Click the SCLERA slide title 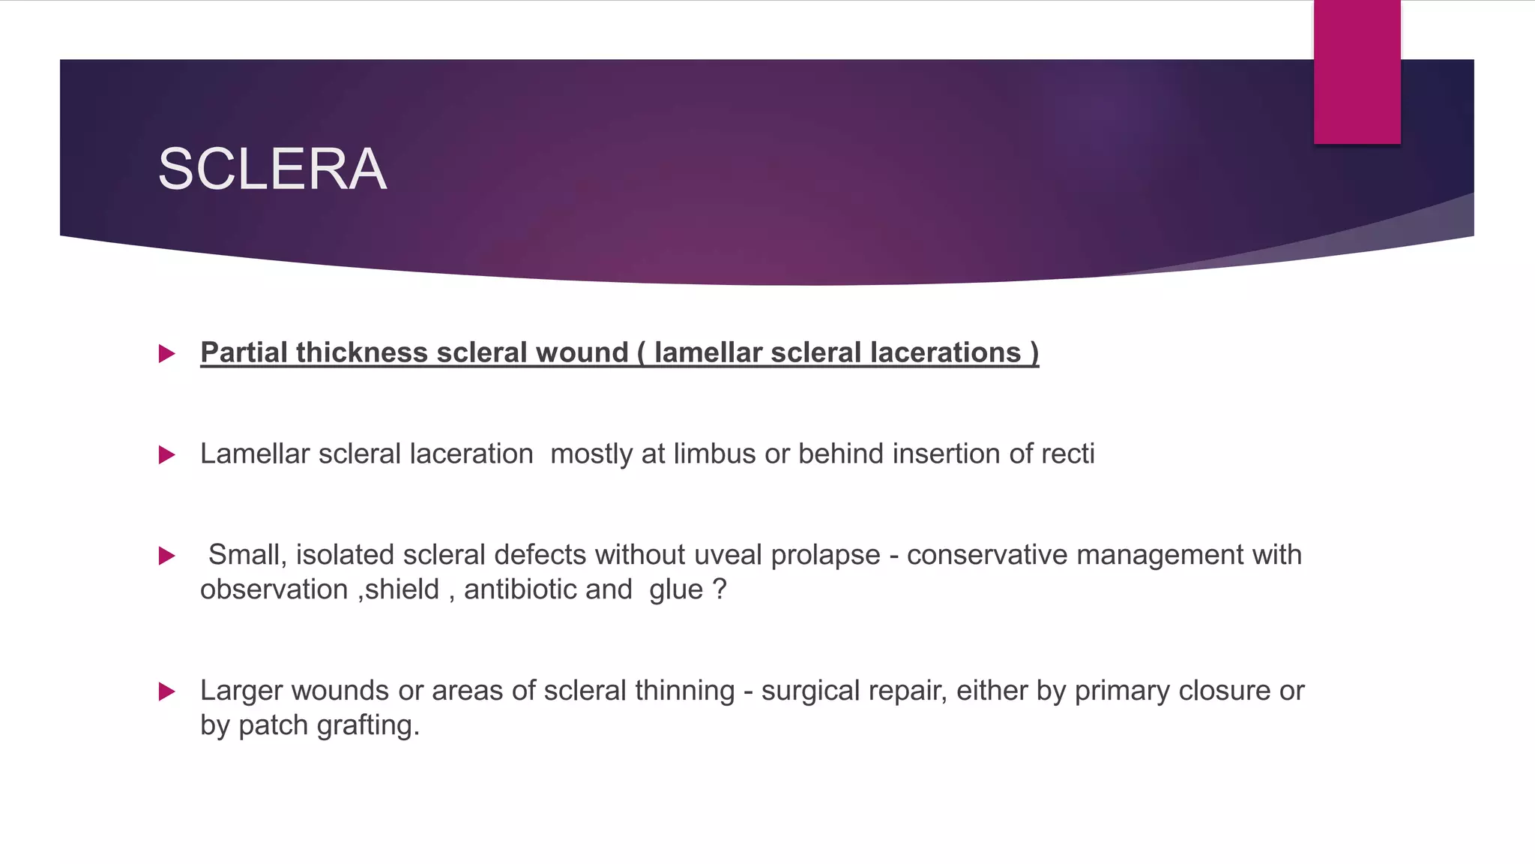tap(272, 169)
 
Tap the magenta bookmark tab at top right tap(1357, 72)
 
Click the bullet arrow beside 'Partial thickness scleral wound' tap(167, 353)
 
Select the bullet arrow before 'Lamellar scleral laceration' tap(167, 454)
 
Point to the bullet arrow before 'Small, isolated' tap(167, 556)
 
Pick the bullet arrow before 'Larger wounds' tap(167, 691)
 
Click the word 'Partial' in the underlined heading tap(244, 352)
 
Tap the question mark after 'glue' tap(720, 589)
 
